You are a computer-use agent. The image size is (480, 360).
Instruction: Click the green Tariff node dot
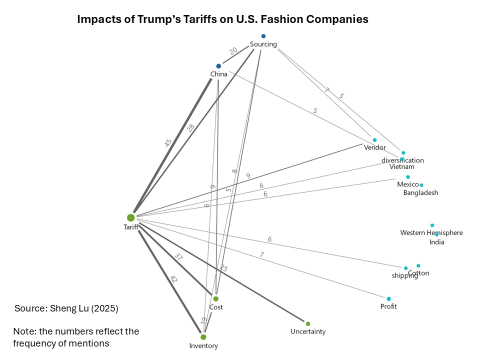(130, 217)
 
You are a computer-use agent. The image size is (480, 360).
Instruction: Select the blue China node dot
(218, 66)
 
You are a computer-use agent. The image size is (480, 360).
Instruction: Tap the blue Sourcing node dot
(263, 36)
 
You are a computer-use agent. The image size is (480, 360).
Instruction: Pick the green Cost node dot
(215, 298)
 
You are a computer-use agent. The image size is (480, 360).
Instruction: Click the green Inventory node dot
(203, 337)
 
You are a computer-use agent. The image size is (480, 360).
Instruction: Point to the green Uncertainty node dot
(308, 323)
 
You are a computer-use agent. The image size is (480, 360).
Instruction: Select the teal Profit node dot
(388, 298)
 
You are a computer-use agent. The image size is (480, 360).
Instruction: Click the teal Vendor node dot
(374, 140)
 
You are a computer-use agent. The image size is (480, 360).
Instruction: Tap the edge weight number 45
(168, 142)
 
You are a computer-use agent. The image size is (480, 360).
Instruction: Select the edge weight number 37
(178, 257)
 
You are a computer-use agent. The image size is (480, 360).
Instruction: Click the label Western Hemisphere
(431, 233)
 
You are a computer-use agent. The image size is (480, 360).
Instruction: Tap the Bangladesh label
(420, 193)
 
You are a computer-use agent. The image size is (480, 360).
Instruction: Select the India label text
(437, 242)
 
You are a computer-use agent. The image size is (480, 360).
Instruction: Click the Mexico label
(408, 185)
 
